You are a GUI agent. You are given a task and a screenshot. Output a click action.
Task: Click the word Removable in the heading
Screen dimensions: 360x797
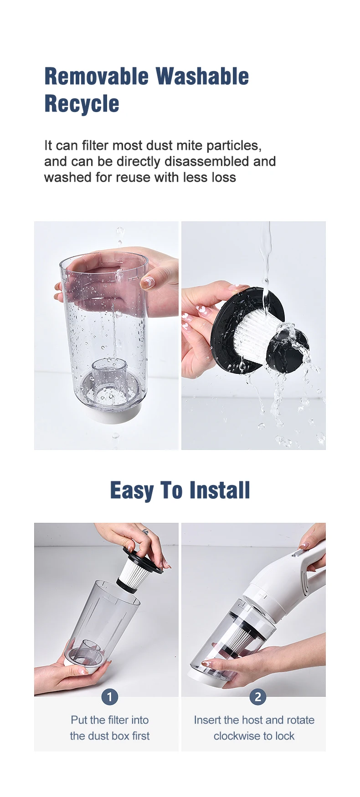[96, 77]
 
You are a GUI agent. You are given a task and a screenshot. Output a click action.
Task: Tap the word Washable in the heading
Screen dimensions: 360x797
[202, 77]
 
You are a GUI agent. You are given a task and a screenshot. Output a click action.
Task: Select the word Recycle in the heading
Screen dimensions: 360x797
[82, 104]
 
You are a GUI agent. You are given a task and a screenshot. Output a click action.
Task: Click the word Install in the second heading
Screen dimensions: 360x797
[220, 490]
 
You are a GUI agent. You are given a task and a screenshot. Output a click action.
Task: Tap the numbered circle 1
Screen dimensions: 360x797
[109, 696]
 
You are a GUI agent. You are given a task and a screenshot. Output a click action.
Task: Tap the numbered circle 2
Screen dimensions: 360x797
[258, 696]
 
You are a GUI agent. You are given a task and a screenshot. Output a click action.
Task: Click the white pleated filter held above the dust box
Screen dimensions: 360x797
[131, 573]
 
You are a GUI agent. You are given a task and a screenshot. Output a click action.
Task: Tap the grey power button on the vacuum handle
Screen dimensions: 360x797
[296, 554]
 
